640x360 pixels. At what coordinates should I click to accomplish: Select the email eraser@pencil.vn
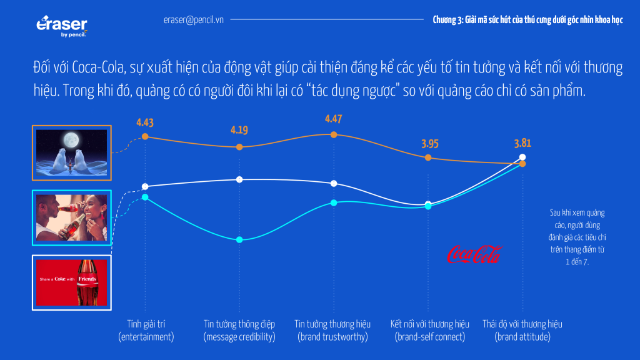coord(194,19)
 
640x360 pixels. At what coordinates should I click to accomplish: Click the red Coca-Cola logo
coord(474,254)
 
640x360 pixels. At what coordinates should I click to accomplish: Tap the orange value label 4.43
coord(145,122)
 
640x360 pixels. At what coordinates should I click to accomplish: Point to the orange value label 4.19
coord(239,131)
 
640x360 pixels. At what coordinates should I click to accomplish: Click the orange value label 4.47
coord(334,119)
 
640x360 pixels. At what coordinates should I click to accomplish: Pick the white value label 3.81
coord(522,143)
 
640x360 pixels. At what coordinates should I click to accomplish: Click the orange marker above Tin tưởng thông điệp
coord(239,147)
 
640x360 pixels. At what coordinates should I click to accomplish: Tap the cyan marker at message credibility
coord(239,240)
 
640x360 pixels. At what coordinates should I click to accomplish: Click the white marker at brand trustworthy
coord(334,183)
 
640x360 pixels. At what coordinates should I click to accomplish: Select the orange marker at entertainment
coord(145,136)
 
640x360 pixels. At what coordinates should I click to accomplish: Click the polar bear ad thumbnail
coord(72,153)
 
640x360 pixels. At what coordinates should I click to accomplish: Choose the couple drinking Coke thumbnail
coord(72,217)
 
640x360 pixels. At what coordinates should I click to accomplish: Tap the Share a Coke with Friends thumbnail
coord(72,282)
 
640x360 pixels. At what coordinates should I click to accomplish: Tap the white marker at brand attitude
coord(523,157)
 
